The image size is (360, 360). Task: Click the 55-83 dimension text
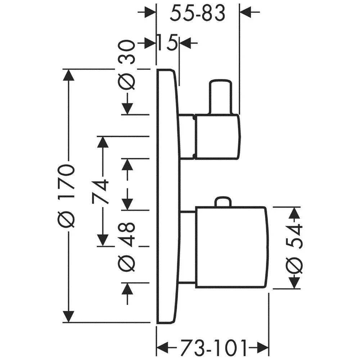click(x=198, y=14)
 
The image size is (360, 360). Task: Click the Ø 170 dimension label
click(x=67, y=196)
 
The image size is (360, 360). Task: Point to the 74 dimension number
click(x=101, y=191)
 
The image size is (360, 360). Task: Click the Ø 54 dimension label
click(x=295, y=248)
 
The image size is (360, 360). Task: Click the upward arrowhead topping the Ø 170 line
click(x=68, y=76)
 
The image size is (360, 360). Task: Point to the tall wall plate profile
click(x=167, y=196)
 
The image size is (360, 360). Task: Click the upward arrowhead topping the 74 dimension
click(x=103, y=143)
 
